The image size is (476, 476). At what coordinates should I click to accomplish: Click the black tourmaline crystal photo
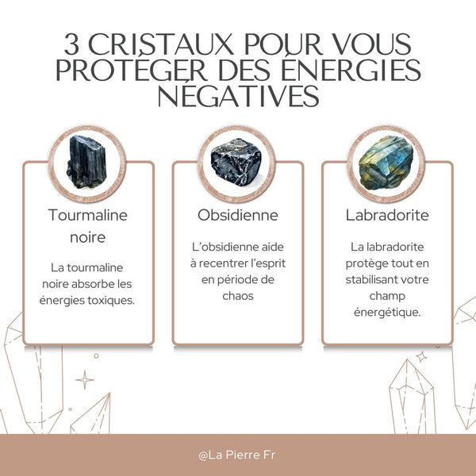pos(88,162)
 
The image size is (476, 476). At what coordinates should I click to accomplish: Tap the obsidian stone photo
pos(237,162)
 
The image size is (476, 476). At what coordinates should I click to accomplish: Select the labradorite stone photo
pos(386,162)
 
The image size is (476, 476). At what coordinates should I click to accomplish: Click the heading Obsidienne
pos(237,215)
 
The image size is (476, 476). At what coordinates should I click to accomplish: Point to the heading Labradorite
pos(387,215)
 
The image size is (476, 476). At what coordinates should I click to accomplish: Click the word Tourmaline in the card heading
pos(88,215)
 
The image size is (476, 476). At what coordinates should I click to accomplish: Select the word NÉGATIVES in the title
pos(237,97)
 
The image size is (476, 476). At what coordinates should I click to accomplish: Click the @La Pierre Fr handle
pos(237,456)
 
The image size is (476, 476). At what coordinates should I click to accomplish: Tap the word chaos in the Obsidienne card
pos(237,296)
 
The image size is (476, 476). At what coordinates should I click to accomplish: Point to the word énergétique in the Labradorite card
pos(386,313)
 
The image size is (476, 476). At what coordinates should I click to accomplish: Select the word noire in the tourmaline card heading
pos(87,236)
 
